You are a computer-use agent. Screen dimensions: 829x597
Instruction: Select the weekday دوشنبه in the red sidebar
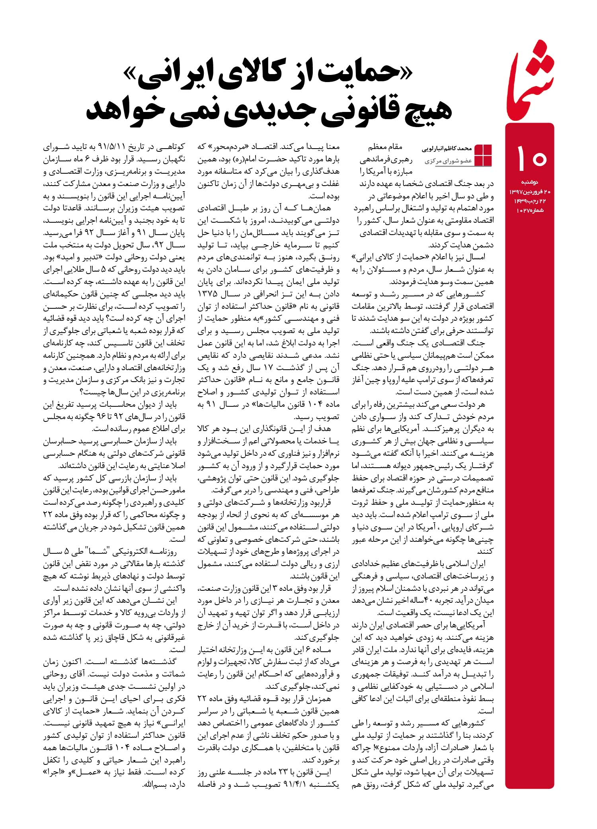click(530, 182)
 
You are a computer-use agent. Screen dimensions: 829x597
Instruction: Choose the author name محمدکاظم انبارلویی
click(446, 148)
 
